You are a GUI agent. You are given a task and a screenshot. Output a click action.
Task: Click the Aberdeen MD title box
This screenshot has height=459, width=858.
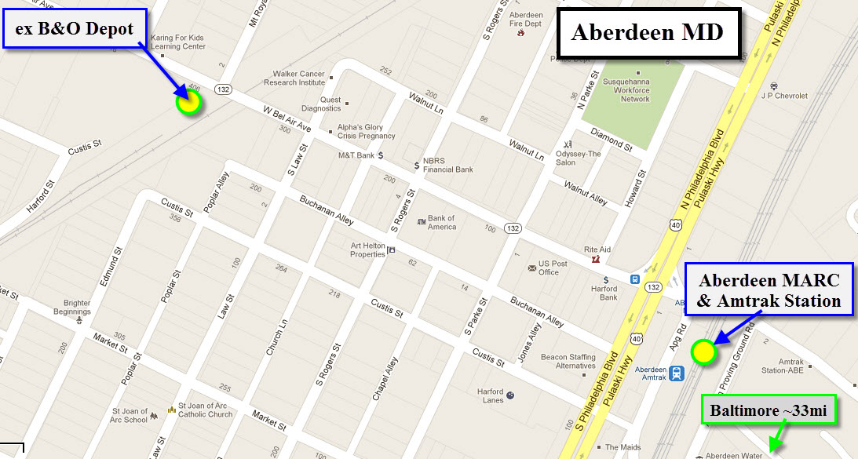coord(648,33)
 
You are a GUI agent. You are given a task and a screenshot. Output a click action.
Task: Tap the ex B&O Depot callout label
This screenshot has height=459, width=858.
coord(74,30)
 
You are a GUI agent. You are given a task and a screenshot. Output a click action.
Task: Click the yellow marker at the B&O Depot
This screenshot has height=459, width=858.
coord(188,102)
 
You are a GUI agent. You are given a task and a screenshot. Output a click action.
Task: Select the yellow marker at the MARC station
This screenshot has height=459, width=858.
coord(703,352)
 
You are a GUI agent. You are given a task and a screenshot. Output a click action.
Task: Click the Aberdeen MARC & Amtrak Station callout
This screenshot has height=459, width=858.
coord(769,290)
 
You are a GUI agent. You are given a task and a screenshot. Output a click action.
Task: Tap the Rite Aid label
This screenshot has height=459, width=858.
coord(598,250)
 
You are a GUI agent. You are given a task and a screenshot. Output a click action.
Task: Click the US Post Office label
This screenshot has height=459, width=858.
coord(553,268)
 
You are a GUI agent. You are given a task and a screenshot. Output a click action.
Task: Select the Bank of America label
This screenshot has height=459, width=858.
coord(441,222)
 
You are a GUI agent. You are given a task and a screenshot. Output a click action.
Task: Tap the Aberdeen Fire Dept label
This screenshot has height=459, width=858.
coord(526,20)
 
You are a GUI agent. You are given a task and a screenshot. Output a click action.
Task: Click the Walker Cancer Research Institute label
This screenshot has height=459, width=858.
coord(294,78)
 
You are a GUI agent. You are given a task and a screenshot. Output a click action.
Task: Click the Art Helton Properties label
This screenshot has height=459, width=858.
coord(367,250)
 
